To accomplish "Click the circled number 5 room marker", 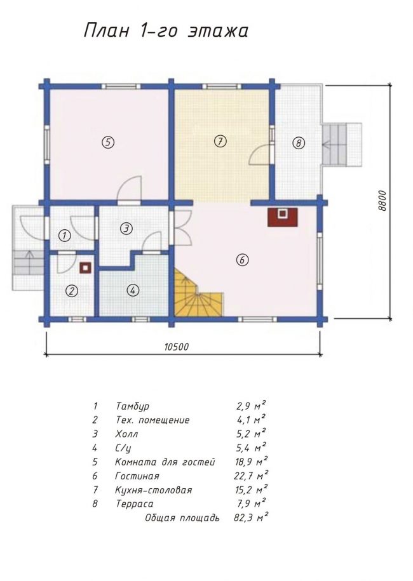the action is [108, 142].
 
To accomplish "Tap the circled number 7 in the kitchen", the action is [220, 141].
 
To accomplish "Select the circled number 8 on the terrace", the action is [299, 143].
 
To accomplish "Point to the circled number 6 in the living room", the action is [242, 260].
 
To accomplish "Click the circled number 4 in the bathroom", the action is [133, 290].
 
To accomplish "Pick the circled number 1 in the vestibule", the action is [65, 236].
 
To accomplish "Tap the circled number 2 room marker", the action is [72, 291].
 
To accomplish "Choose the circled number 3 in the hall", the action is [126, 229].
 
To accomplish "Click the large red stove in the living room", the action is [283, 217].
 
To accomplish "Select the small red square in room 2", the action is [86, 268].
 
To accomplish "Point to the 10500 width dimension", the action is [176, 347].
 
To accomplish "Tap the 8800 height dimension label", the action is [383, 201].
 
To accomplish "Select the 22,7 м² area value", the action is [252, 476].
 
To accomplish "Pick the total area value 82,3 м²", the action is [251, 518].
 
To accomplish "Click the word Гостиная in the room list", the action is [137, 476].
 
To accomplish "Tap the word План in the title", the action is [106, 30].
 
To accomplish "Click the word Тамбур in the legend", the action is [132, 406].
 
